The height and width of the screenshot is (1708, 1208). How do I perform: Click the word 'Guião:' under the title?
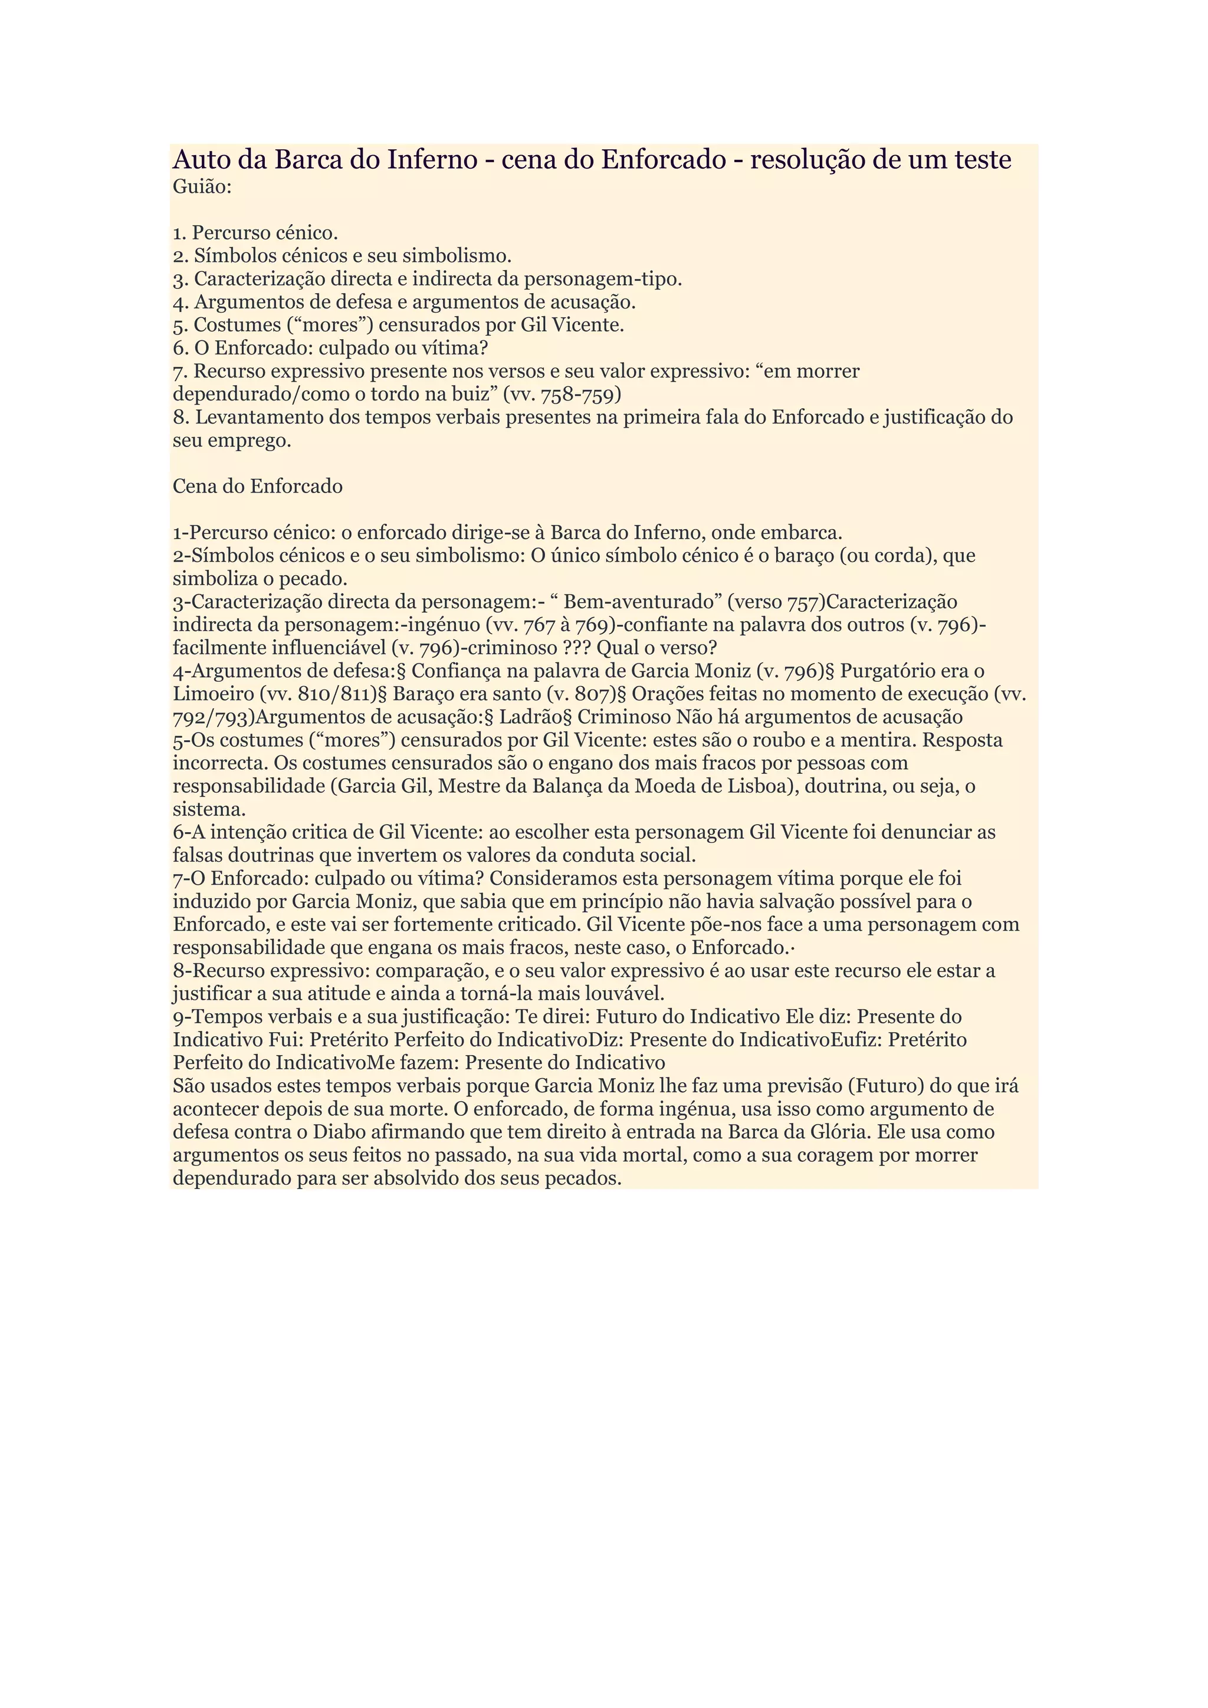202,187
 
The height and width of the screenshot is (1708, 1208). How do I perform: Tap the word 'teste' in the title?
977,160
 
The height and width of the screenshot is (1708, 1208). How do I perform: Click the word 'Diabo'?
340,1132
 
